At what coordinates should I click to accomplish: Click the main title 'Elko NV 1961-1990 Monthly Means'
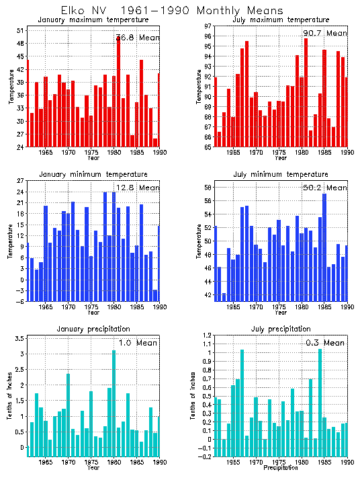pyautogui.click(x=171, y=10)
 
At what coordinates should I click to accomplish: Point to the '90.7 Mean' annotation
pyautogui.click(x=325, y=33)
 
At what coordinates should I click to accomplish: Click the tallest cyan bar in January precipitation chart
pyautogui.click(x=114, y=403)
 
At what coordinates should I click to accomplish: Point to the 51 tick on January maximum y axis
pyautogui.click(x=20, y=31)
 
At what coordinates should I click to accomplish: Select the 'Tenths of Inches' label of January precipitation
pyautogui.click(x=9, y=397)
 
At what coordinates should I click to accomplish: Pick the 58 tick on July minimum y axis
pyautogui.click(x=208, y=187)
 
